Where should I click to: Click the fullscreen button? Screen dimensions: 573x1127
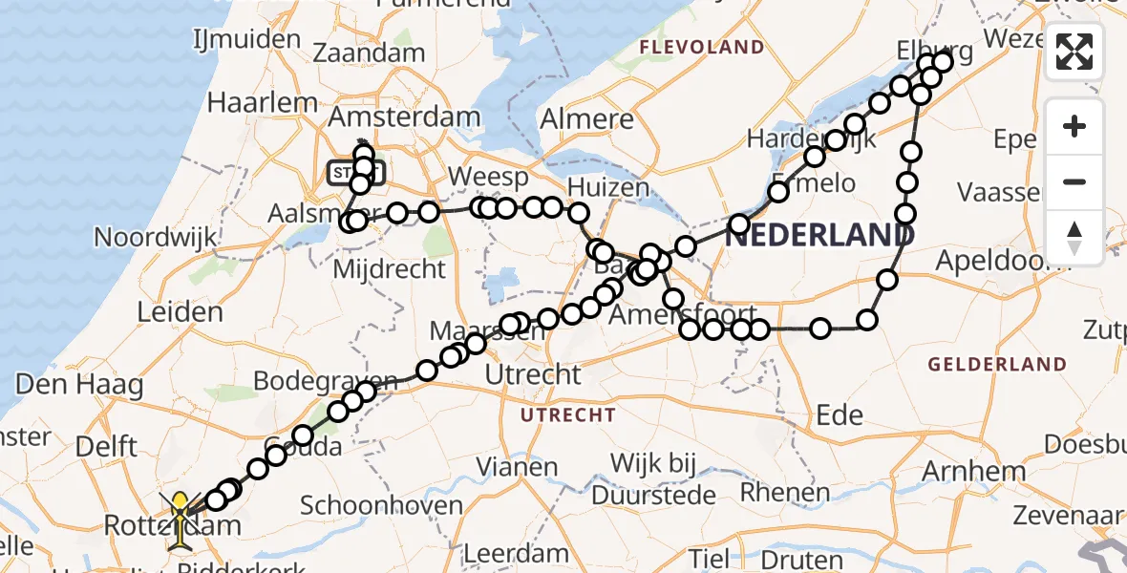(x=1074, y=52)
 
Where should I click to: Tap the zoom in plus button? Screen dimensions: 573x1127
(x=1074, y=126)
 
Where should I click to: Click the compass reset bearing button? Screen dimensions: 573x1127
(x=1074, y=237)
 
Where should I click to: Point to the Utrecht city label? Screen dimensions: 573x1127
(x=533, y=374)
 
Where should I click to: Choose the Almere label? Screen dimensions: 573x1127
(x=586, y=119)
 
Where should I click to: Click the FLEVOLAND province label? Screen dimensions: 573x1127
(x=702, y=47)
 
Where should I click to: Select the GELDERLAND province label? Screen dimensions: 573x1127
(x=997, y=364)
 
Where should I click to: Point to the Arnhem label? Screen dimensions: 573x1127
(x=975, y=471)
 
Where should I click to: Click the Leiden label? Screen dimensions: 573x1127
(x=181, y=311)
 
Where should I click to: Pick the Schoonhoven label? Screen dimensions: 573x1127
(x=381, y=506)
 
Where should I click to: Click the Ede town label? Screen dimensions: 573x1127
(x=840, y=414)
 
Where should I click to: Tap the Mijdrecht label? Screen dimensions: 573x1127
(x=389, y=268)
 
